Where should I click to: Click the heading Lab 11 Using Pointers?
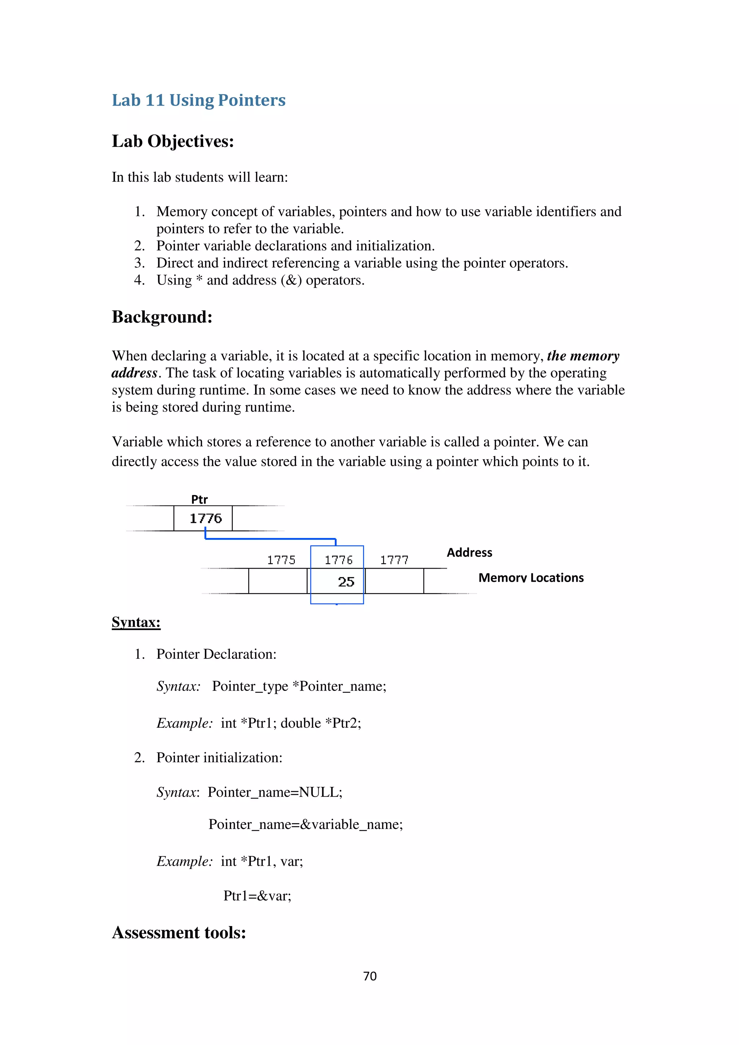point(198,100)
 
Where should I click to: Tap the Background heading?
point(162,317)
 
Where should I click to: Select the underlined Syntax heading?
point(136,622)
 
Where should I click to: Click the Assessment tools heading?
point(179,932)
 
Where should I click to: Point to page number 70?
point(370,976)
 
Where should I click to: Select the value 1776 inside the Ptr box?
point(205,519)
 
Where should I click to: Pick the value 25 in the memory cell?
point(346,582)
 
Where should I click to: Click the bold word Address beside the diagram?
point(469,552)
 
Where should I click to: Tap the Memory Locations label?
point(531,578)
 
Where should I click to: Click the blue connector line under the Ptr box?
point(271,539)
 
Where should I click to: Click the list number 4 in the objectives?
point(139,280)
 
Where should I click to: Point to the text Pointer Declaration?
point(216,654)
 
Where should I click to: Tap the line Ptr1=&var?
point(257,896)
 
